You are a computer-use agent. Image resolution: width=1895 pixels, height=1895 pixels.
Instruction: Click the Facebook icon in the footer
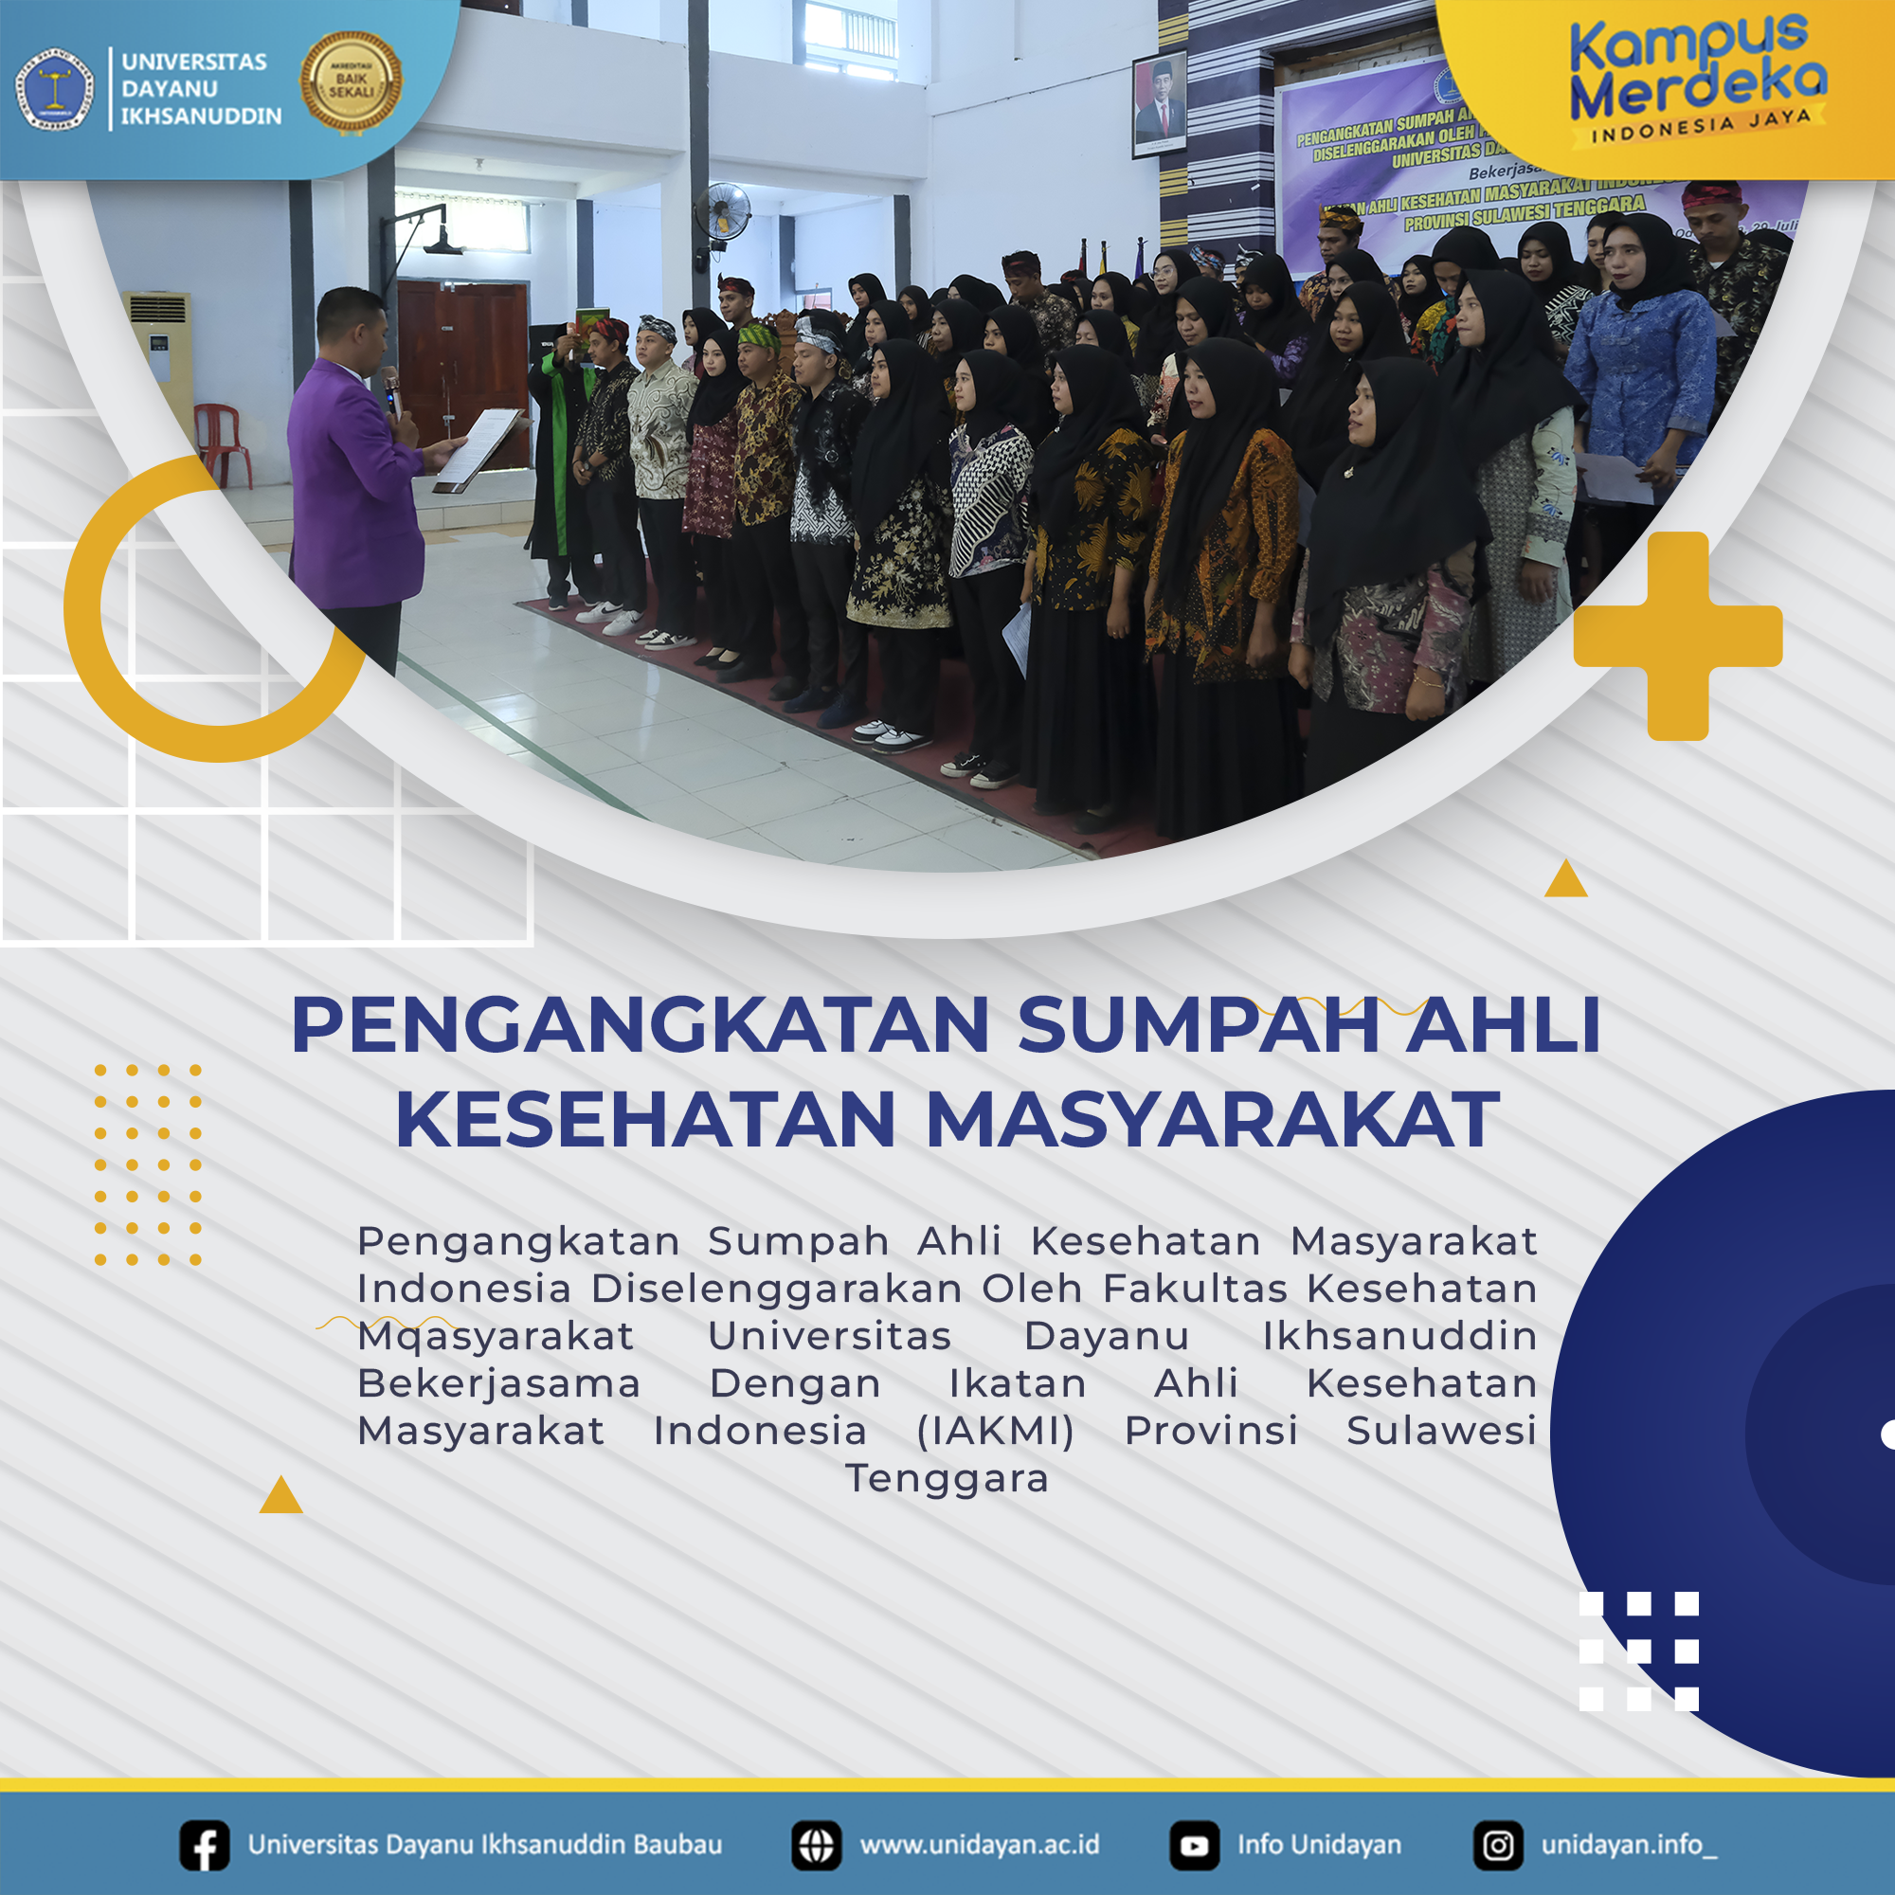click(204, 1845)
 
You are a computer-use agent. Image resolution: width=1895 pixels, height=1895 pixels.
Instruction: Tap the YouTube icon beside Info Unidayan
click(1194, 1845)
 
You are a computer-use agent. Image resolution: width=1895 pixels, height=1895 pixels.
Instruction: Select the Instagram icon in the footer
click(1498, 1845)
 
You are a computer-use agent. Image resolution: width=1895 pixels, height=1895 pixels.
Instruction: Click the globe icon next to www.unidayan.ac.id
click(816, 1845)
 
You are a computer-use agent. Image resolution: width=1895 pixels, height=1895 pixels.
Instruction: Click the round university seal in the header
click(55, 89)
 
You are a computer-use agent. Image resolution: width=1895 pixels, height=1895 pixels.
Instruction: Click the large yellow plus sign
click(1677, 636)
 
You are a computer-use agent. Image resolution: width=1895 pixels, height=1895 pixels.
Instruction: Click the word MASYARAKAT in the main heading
click(1213, 1120)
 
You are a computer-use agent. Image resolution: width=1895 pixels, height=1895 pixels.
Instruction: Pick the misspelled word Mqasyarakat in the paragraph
click(496, 1336)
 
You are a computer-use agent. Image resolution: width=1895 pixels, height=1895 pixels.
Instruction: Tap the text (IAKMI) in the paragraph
click(995, 1431)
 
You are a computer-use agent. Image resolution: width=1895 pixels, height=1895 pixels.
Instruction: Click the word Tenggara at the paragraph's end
click(947, 1478)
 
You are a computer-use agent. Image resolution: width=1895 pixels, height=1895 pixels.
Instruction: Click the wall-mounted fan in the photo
click(724, 211)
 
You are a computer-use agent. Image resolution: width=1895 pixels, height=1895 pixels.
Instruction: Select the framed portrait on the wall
click(1159, 103)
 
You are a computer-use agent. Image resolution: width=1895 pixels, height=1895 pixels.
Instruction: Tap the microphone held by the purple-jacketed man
click(391, 388)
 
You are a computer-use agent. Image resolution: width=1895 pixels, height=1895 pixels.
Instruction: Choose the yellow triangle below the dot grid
click(280, 1496)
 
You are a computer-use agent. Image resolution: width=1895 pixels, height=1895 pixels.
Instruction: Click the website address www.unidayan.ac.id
click(979, 1845)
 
